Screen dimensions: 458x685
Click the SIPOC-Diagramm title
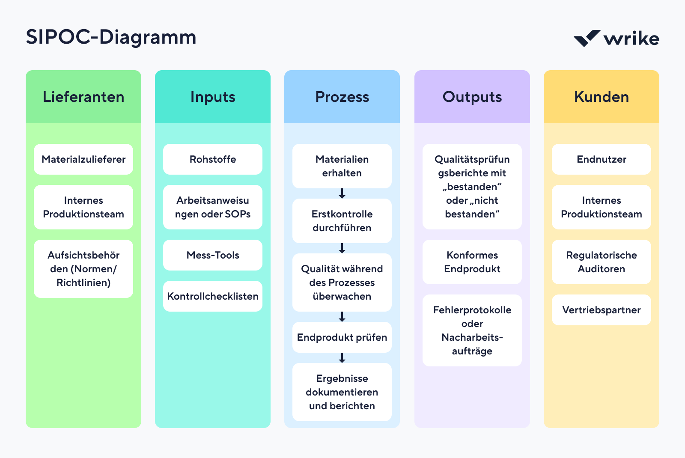111,37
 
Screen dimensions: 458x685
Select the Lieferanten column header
83,97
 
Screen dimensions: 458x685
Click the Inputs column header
213,97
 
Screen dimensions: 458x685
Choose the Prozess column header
342,97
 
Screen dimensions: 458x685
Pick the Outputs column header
472,97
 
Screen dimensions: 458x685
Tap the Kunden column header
602,97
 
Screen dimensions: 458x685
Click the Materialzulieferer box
83,159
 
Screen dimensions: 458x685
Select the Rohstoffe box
213,159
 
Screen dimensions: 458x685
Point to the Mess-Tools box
213,255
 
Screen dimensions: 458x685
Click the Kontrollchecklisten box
213,296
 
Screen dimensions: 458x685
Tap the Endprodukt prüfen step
342,337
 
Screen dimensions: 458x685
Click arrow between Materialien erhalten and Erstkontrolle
342,193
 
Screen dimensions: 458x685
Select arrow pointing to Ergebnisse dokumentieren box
342,358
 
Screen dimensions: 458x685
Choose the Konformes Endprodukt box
472,262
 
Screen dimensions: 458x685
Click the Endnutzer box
602,159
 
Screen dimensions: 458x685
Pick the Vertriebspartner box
602,310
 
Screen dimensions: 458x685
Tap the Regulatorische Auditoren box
602,262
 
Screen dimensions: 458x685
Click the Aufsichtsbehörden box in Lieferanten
83,269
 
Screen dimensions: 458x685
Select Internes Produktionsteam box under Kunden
602,207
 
